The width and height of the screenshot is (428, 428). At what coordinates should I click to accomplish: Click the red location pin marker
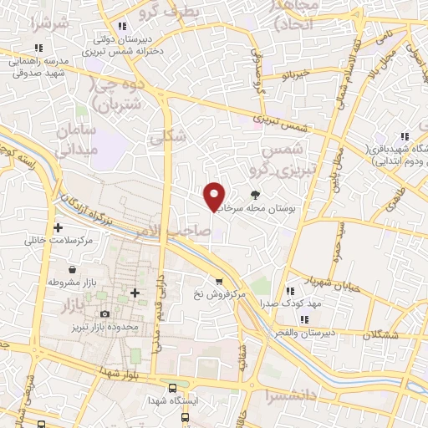(x=215, y=196)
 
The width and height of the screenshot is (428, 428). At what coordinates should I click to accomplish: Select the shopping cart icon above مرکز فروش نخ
(x=219, y=282)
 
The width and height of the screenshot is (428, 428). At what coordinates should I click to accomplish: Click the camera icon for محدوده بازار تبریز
(x=104, y=313)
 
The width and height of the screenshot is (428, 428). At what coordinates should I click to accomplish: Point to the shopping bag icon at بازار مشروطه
(x=74, y=270)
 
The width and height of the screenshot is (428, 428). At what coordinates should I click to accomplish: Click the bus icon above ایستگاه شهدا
(x=171, y=388)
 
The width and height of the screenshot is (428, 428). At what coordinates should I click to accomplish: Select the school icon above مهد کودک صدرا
(x=290, y=291)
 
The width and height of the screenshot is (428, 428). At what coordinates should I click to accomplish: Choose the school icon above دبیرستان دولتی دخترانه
(x=123, y=25)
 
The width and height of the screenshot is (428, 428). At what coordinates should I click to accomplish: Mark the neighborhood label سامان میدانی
(x=77, y=141)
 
